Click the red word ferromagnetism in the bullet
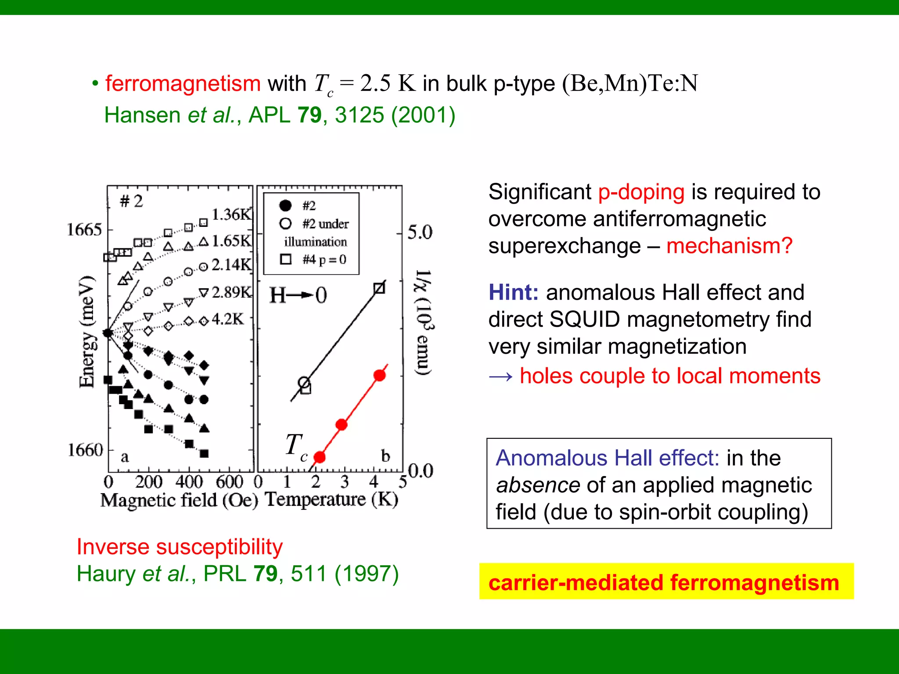click(183, 83)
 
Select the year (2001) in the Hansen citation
click(423, 115)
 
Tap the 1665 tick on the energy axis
click(84, 229)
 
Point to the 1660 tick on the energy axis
click(85, 450)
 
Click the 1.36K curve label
click(231, 215)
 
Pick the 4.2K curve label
click(227, 319)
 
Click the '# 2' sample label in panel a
click(131, 201)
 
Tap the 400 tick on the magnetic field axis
click(189, 482)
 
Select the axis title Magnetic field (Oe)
click(179, 500)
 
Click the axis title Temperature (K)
click(332, 499)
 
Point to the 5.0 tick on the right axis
click(420, 232)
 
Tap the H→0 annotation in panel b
click(298, 295)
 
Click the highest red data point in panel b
click(380, 375)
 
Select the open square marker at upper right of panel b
click(379, 288)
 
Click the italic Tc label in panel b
click(296, 446)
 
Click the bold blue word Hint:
click(513, 292)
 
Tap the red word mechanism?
click(729, 246)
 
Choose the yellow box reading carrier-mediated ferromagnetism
click(666, 581)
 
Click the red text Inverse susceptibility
click(180, 547)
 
